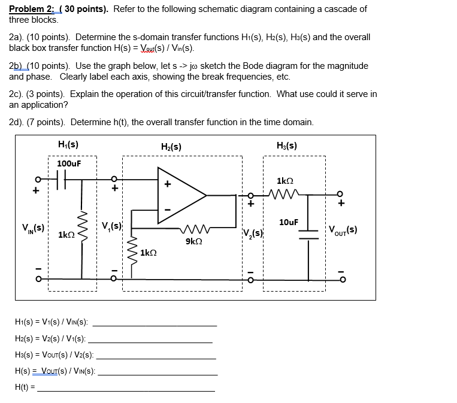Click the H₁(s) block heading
pyautogui.click(x=68, y=144)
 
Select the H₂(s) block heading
pyautogui.click(x=171, y=146)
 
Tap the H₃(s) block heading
pyautogui.click(x=287, y=145)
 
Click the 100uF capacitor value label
pyautogui.click(x=69, y=163)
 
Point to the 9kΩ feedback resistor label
pyautogui.click(x=193, y=241)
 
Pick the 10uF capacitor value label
pyautogui.click(x=289, y=222)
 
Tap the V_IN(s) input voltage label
pyautogui.click(x=32, y=228)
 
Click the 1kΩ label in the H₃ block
pyautogui.click(x=285, y=180)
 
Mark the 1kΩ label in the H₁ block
pyautogui.click(x=66, y=235)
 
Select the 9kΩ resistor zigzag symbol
pyautogui.click(x=193, y=228)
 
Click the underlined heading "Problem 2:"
pyautogui.click(x=30, y=9)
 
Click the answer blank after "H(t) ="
pyautogui.click(x=126, y=390)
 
